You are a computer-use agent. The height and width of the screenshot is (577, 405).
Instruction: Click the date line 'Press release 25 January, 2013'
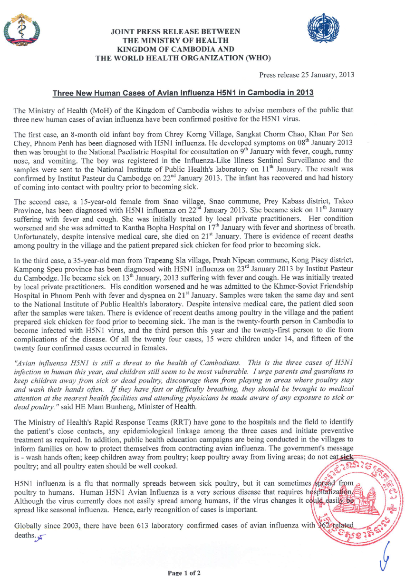coord(306,75)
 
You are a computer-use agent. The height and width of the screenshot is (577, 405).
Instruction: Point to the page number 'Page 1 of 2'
coord(184,573)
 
